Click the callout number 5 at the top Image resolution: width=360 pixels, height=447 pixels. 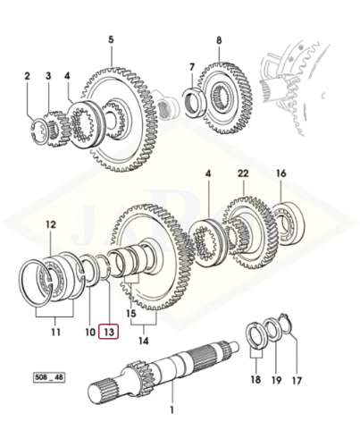tap(111, 39)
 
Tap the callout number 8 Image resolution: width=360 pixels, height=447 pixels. tap(219, 40)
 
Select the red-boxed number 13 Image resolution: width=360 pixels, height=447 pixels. tap(109, 332)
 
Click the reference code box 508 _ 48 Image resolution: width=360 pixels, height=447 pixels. tap(48, 377)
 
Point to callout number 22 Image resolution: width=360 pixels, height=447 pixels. tap(243, 173)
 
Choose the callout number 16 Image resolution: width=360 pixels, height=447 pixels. tap(280, 173)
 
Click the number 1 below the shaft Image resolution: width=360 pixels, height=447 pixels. tap(172, 410)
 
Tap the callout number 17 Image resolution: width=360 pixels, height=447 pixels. tap(297, 380)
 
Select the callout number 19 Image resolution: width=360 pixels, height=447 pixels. tap(276, 380)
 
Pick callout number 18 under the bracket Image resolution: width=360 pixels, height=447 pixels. tap(255, 380)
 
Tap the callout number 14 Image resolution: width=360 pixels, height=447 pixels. tap(143, 341)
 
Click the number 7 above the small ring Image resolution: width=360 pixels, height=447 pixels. tap(192, 67)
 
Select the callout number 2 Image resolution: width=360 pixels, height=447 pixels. tap(27, 76)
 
